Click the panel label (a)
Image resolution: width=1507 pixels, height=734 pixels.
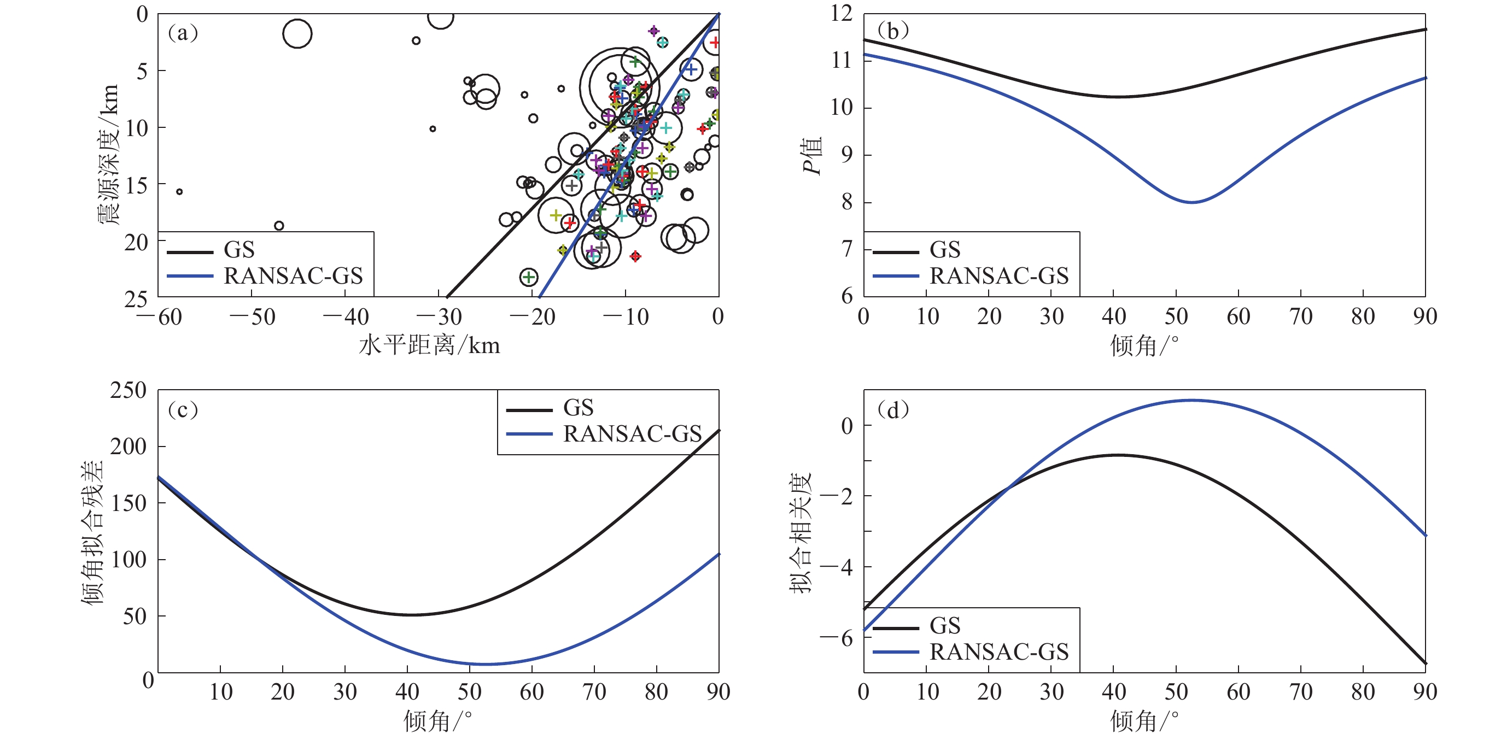[x=183, y=33]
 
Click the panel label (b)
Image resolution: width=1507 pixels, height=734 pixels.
[x=893, y=31]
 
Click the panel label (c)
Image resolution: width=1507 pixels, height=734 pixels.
[x=183, y=409]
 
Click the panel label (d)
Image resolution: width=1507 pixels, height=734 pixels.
[x=893, y=409]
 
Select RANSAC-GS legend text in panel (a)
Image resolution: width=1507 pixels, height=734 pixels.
[x=293, y=275]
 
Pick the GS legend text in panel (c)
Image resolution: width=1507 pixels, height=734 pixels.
[x=578, y=408]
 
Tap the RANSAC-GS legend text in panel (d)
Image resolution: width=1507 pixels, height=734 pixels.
[x=999, y=651]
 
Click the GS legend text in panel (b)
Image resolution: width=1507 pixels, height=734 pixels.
[x=945, y=250]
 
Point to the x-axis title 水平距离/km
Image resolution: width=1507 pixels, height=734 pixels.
[x=429, y=345]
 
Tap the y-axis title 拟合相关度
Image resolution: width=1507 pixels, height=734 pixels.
[x=801, y=532]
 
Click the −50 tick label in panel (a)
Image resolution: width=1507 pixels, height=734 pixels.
[x=253, y=317]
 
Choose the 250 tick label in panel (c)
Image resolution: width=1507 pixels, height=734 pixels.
[x=128, y=390]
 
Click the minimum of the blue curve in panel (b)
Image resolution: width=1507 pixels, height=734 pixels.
[x=1192, y=202]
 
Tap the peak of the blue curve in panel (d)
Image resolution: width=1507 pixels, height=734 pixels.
[x=1191, y=400]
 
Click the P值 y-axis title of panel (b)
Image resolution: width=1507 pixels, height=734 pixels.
[x=812, y=156]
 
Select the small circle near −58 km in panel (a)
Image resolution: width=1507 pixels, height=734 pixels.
[x=179, y=192]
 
